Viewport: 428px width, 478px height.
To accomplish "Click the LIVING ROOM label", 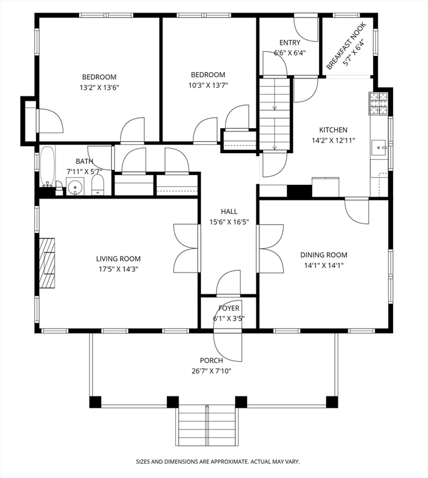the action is coord(118,259).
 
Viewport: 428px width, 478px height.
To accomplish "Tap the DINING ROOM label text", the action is coord(323,255).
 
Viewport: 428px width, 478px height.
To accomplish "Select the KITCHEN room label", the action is coord(333,130).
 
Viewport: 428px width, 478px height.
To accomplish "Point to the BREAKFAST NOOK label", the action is coord(346,46).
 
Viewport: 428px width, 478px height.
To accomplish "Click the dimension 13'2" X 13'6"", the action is coord(100,88).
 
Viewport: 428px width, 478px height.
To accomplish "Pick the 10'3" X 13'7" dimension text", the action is coord(208,85).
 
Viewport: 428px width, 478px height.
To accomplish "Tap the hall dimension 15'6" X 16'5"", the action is coord(229,222).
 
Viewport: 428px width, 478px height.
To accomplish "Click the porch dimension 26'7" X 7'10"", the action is coord(212,371).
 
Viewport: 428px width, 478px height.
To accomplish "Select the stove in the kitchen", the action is coord(378,104).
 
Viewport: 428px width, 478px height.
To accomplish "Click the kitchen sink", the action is coord(379,148).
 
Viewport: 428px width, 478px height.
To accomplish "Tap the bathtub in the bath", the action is coord(47,166).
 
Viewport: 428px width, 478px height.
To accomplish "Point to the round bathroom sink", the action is coord(75,186).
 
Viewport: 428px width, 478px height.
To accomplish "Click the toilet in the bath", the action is coord(98,185).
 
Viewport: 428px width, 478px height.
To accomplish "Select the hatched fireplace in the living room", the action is coord(47,263).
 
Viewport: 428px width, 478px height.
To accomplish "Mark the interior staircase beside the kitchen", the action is coord(274,114).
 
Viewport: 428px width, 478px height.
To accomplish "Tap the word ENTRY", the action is coord(290,43).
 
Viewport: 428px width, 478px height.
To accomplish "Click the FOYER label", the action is coord(229,308).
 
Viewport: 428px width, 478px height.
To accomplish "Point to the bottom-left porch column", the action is coord(95,402).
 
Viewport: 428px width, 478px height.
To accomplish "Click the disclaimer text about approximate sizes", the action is coord(218,462).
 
